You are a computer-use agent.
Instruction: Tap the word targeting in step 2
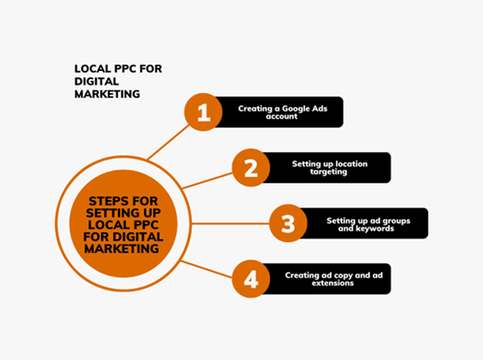coord(329,172)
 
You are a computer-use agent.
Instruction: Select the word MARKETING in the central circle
coord(123,248)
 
